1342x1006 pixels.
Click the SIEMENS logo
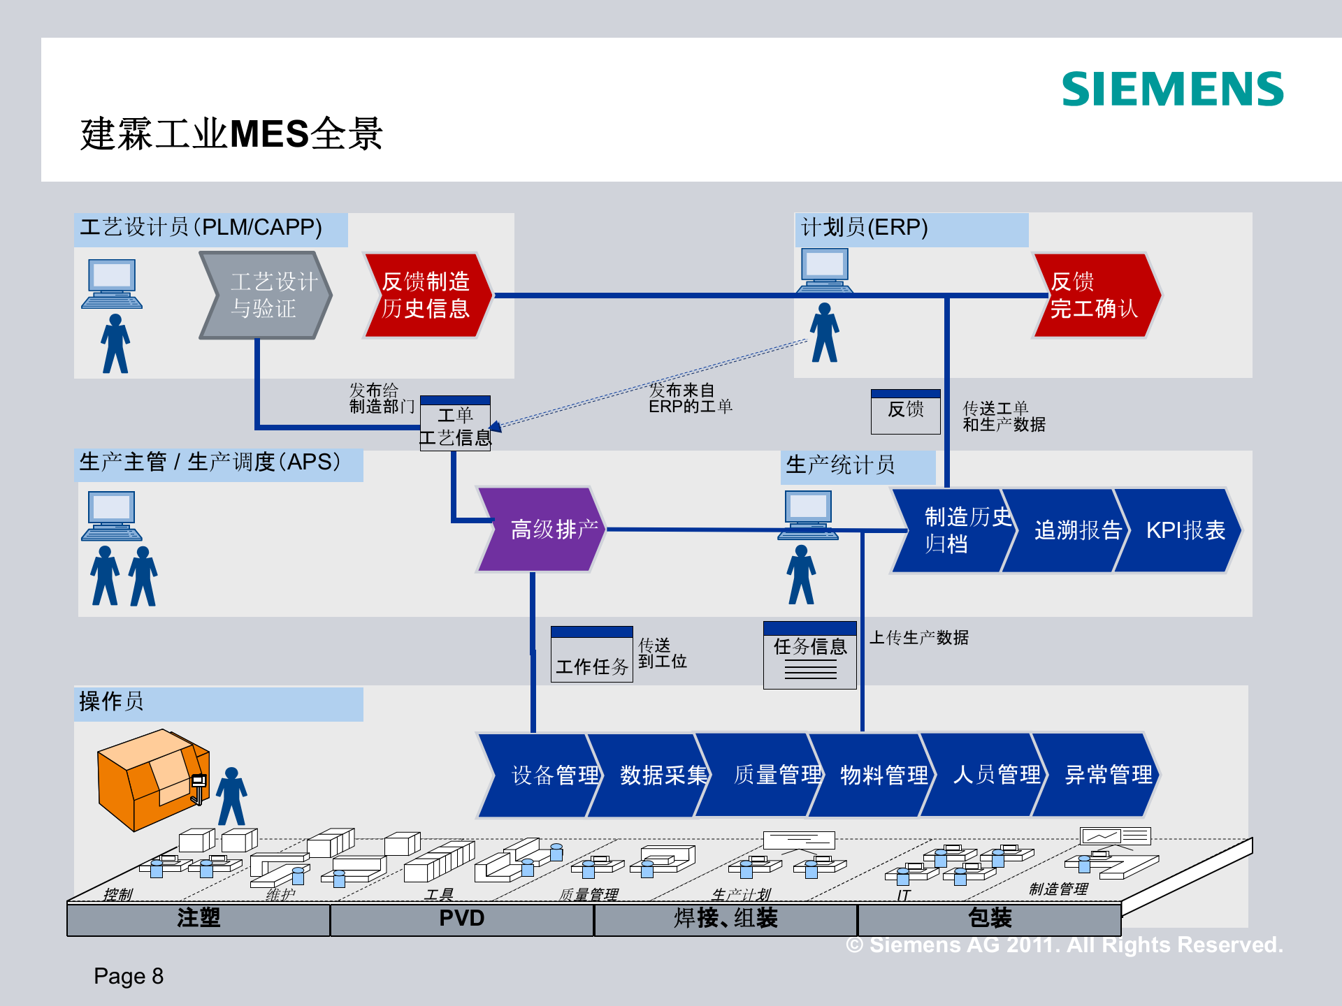(1172, 89)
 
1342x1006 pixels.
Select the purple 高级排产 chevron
(542, 530)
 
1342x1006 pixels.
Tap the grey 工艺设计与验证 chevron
(266, 296)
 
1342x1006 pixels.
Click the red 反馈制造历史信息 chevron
(427, 296)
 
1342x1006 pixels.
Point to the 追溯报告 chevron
(1066, 530)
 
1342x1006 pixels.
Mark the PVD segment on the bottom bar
(461, 919)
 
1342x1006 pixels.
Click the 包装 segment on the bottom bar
(989, 919)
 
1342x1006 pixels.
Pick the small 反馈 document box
(905, 411)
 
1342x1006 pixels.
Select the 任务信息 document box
(809, 655)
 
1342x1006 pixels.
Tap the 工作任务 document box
(591, 655)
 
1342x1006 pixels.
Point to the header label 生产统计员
(841, 465)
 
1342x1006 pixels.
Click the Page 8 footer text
(129, 976)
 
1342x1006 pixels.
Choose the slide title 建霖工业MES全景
(231, 133)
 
